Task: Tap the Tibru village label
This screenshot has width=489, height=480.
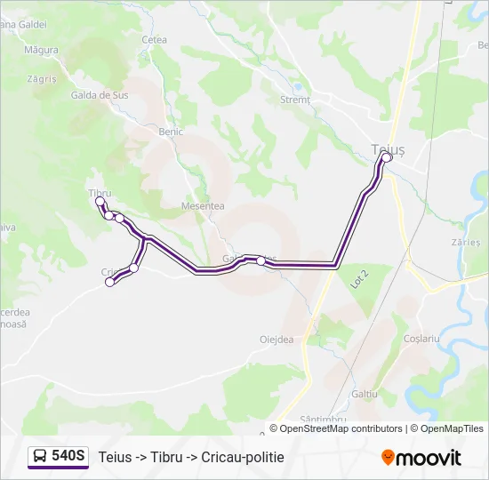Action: pos(100,193)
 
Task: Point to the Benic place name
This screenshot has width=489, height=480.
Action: pos(171,132)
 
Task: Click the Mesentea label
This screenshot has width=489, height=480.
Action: pos(203,205)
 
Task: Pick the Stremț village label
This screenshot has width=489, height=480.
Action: pos(295,100)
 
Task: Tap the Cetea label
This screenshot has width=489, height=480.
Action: pos(154,40)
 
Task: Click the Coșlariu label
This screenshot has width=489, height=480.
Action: pos(421,339)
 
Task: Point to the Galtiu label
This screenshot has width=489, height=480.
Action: pos(365,393)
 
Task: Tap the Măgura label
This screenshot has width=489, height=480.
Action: pos(41,51)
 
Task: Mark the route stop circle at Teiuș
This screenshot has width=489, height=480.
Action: pos(386,157)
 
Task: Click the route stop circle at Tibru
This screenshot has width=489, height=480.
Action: pos(100,201)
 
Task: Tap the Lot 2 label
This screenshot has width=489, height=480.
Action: pos(357,278)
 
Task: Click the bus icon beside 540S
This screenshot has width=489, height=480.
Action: pos(40,457)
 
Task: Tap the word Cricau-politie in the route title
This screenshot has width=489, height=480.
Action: pos(243,457)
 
